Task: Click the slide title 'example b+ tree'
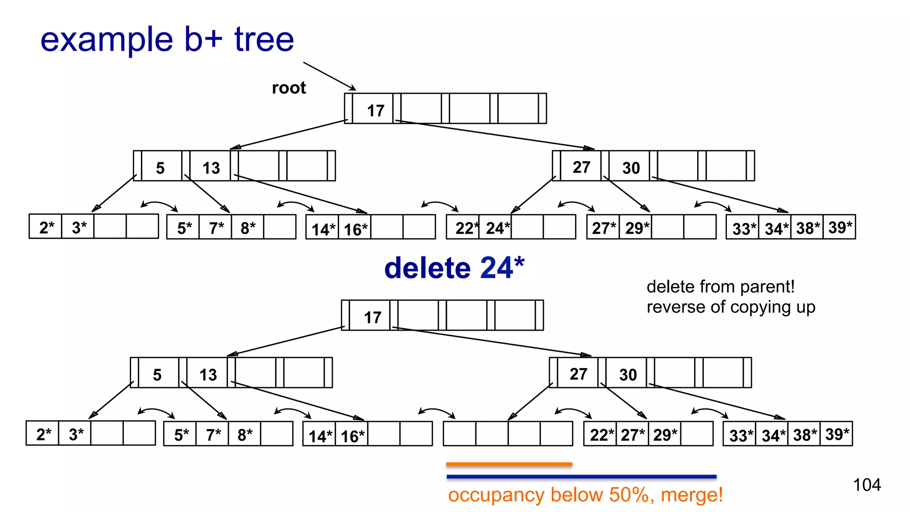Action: tap(167, 40)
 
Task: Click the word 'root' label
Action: tap(289, 88)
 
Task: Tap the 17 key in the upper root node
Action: tap(375, 110)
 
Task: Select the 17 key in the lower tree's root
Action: tap(372, 317)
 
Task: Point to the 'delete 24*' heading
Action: tap(454, 268)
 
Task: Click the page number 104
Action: tap(866, 484)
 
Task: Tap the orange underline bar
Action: tap(509, 464)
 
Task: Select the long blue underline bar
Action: tap(581, 476)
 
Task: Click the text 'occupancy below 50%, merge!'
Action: tap(585, 495)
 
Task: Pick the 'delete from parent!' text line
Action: tap(720, 287)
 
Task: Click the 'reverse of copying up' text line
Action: tap(730, 307)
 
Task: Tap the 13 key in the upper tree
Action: tap(211, 168)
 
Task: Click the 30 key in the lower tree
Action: tap(628, 375)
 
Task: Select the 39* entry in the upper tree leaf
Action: tap(840, 228)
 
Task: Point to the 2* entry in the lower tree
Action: tap(44, 434)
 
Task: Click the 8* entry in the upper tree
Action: tap(247, 228)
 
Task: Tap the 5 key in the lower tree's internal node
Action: tap(157, 375)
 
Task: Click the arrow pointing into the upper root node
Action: tap(329, 76)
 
